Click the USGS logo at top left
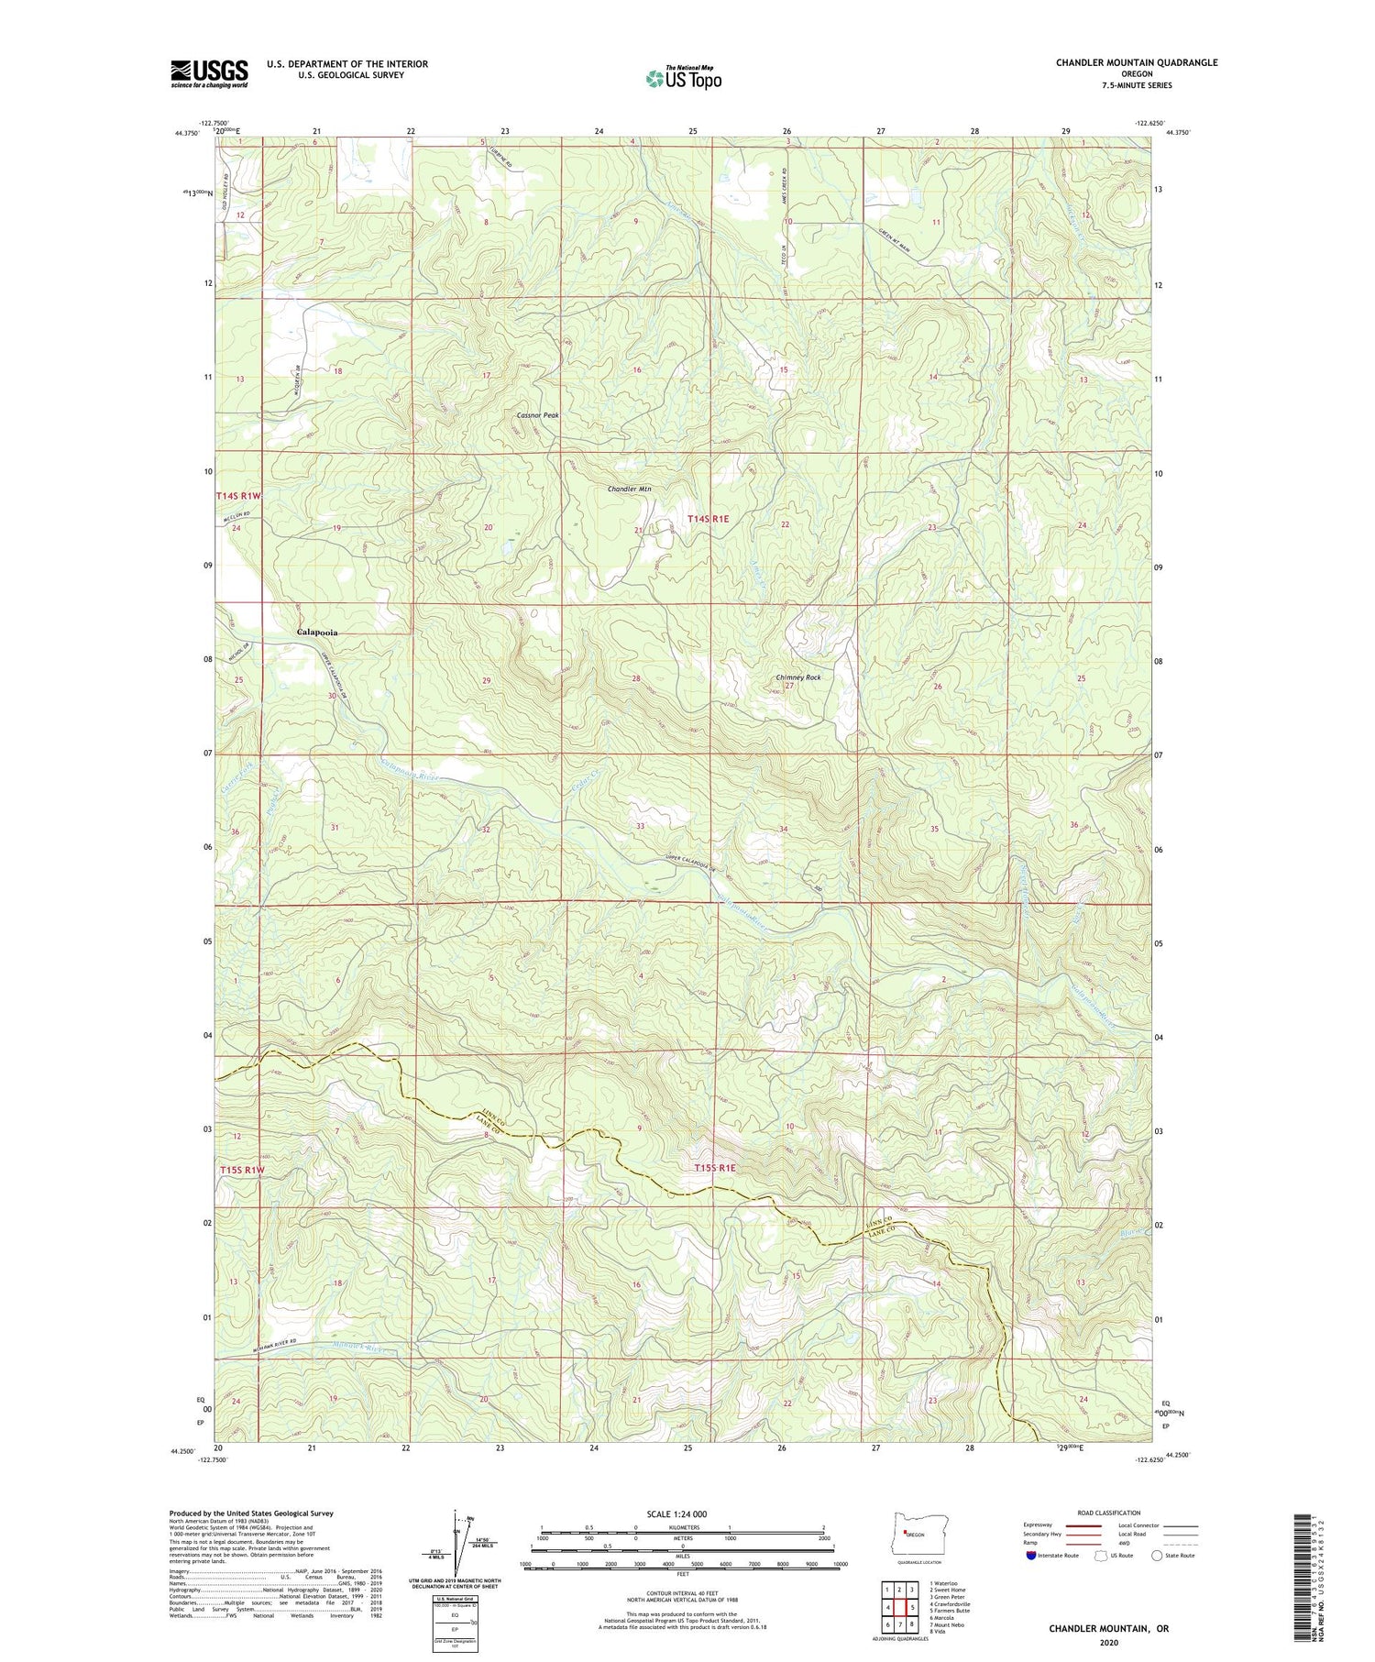click(209, 73)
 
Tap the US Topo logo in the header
click(683, 78)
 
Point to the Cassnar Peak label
click(537, 415)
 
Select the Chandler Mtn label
click(629, 489)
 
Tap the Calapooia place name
click(316, 633)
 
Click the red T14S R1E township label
click(709, 519)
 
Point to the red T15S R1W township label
click(241, 1171)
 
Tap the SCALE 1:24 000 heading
click(683, 1513)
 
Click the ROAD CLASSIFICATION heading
click(1108, 1513)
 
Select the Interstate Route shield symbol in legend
click(1030, 1556)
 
